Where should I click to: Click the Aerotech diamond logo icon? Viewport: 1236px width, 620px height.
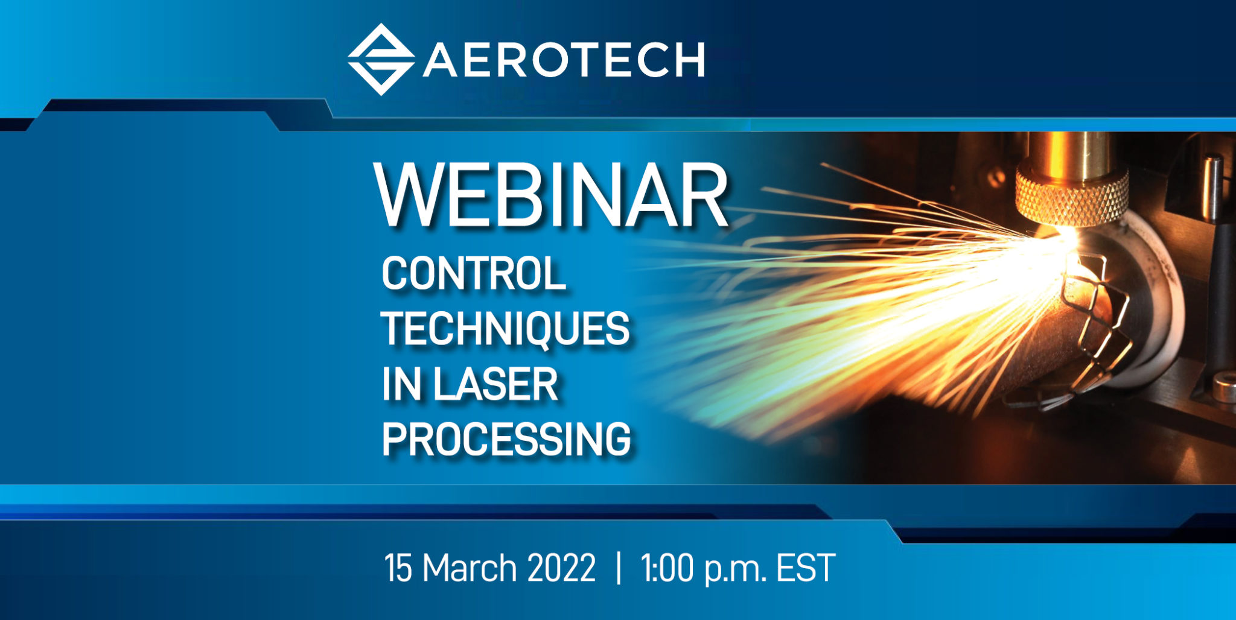pyautogui.click(x=381, y=59)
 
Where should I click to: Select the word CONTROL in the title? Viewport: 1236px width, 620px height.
pyautogui.click(x=473, y=273)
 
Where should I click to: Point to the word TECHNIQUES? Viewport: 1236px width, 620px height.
pyautogui.click(x=505, y=329)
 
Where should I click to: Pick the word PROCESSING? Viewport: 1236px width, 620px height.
pyautogui.click(x=506, y=439)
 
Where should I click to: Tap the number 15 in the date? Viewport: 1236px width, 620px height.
pyautogui.click(x=398, y=568)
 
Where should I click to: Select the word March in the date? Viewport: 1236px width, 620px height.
pyautogui.click(x=470, y=568)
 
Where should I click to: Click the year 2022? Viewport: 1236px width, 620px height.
pyautogui.click(x=561, y=568)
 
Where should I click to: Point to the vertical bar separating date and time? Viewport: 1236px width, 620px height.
pyautogui.click(x=619, y=568)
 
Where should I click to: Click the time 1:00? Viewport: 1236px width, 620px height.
pyautogui.click(x=667, y=568)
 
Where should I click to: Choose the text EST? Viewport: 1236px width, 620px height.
pyautogui.click(x=806, y=568)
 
